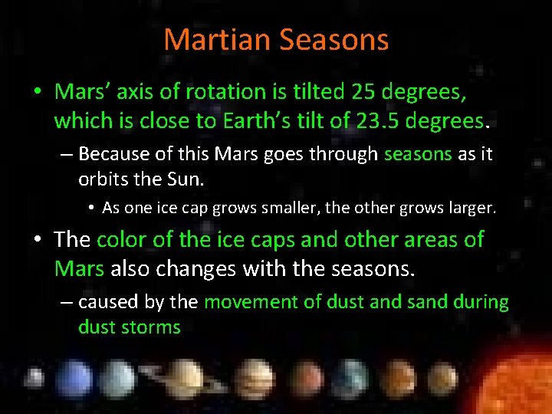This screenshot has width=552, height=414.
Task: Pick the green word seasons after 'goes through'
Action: (x=418, y=154)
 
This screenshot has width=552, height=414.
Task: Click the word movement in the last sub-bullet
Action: (x=250, y=302)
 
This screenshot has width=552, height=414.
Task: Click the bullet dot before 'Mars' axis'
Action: (x=37, y=93)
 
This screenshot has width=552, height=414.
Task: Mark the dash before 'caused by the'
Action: (x=66, y=302)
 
